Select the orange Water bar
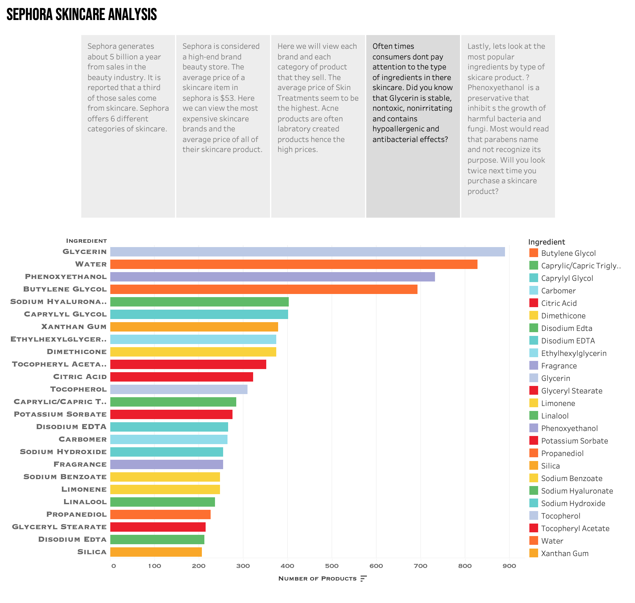(293, 264)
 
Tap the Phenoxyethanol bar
(272, 277)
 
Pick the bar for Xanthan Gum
(194, 327)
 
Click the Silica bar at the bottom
(156, 552)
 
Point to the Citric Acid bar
(182, 377)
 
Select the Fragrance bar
(166, 464)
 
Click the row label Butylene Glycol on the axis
(65, 289)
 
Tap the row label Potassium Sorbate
(60, 414)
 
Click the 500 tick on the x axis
(332, 566)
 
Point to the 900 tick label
(509, 566)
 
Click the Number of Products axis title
(317, 579)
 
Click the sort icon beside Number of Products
(363, 579)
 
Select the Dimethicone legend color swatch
(533, 316)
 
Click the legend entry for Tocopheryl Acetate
(575, 529)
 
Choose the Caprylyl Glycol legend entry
(567, 278)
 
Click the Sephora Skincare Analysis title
(82, 14)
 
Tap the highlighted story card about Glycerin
(412, 126)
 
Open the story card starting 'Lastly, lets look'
(507, 126)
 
